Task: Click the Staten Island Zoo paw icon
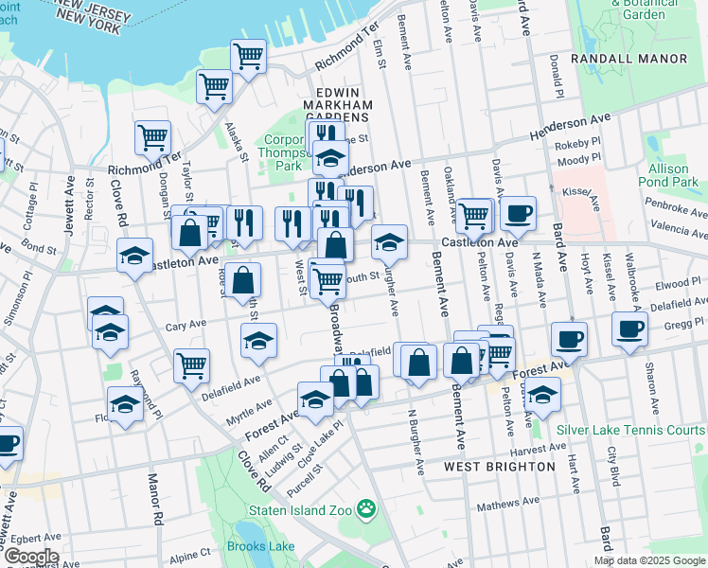click(x=365, y=511)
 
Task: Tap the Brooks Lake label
click(x=258, y=546)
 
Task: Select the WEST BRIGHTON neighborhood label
click(x=500, y=468)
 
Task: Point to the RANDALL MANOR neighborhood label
click(x=641, y=59)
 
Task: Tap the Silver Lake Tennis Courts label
click(x=631, y=429)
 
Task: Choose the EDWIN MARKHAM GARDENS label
click(x=335, y=106)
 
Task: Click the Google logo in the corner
click(x=30, y=557)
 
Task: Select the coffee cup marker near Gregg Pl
click(x=628, y=328)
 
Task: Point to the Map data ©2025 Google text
click(x=649, y=560)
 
